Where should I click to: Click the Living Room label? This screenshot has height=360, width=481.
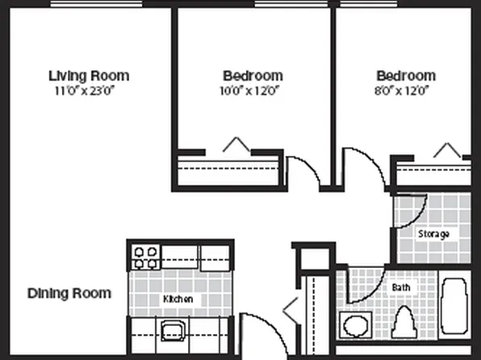(89, 76)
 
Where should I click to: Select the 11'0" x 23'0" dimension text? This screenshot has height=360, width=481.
(89, 90)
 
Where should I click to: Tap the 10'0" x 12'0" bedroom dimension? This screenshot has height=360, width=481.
(253, 90)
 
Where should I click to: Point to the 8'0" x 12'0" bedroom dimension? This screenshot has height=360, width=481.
(405, 90)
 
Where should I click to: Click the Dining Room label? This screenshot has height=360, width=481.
(69, 293)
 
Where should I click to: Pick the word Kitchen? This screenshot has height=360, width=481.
(178, 299)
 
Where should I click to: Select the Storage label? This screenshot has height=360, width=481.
(433, 234)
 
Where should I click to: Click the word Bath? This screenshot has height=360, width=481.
(401, 287)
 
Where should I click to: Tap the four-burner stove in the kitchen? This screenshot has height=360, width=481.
(146, 257)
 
